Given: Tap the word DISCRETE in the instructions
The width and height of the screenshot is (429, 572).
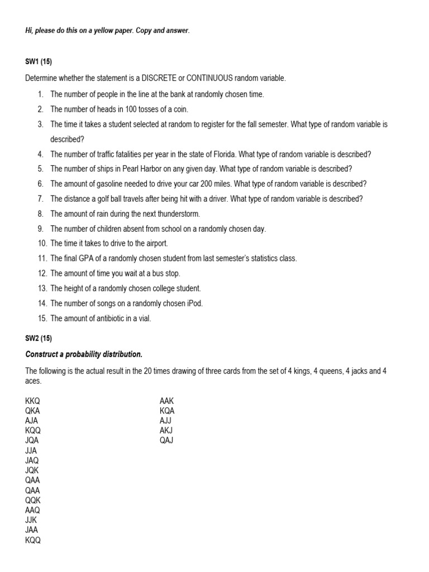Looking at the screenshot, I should coord(146,78).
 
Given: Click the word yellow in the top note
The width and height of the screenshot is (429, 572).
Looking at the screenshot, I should coord(95,31).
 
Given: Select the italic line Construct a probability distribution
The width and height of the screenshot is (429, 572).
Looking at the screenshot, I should coord(84,354).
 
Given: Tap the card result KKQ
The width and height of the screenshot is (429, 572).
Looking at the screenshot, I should coord(32,401).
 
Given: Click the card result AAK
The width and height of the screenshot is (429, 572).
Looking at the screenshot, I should coord(167,401).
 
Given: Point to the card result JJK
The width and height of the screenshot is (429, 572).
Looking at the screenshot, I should coord(31,520).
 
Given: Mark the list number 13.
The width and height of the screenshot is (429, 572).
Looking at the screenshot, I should coord(42,289).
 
